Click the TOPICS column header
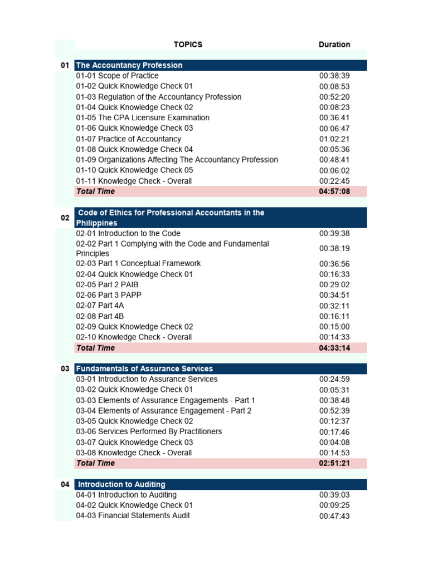point(188,45)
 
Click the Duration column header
point(334,45)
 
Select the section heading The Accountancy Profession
point(129,65)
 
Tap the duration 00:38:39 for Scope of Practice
point(334,76)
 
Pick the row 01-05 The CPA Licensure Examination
point(143,117)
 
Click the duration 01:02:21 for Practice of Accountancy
point(334,139)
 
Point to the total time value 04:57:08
point(334,191)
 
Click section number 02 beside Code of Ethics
point(65,218)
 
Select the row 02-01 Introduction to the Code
point(128,234)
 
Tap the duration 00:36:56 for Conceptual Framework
point(334,264)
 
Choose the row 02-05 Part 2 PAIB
point(108,284)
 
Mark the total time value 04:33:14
point(334,348)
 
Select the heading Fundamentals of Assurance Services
point(144,368)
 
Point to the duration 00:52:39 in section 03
point(334,411)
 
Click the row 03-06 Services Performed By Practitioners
point(149,432)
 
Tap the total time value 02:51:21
point(334,463)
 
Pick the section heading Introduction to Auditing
point(121,484)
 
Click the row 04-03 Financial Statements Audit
point(133,516)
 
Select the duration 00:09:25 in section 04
point(334,505)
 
